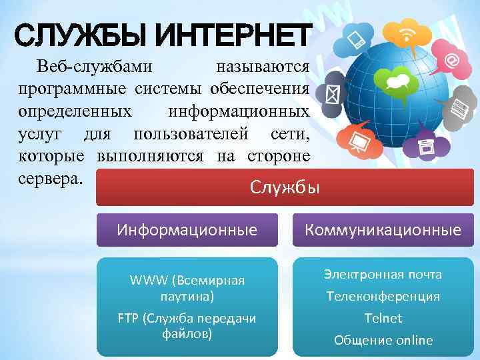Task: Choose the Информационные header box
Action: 187,231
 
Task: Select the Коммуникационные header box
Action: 383,231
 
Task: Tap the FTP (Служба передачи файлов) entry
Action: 187,325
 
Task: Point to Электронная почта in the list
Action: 383,275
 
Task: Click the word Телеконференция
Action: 383,296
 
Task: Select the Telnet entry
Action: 383,318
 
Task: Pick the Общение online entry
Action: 383,340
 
